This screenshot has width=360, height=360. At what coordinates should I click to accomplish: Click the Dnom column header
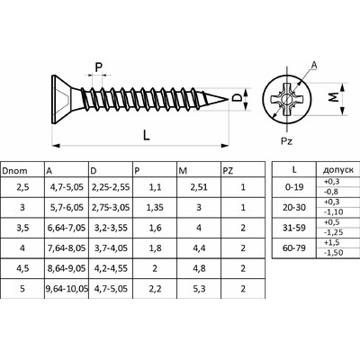tap(14, 171)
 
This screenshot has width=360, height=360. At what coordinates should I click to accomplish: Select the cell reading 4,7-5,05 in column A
tap(67, 187)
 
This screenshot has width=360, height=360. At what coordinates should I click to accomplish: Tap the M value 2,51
tap(199, 187)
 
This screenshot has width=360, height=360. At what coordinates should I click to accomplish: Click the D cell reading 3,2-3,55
tap(111, 228)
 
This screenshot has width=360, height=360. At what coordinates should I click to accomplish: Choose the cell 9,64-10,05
tap(67, 289)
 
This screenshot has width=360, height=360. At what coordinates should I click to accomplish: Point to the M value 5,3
tap(199, 289)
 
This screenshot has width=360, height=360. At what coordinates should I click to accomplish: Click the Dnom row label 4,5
tap(22, 268)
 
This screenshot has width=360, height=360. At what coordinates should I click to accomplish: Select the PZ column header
tap(228, 171)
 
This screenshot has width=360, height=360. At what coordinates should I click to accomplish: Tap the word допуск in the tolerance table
tap(338, 170)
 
